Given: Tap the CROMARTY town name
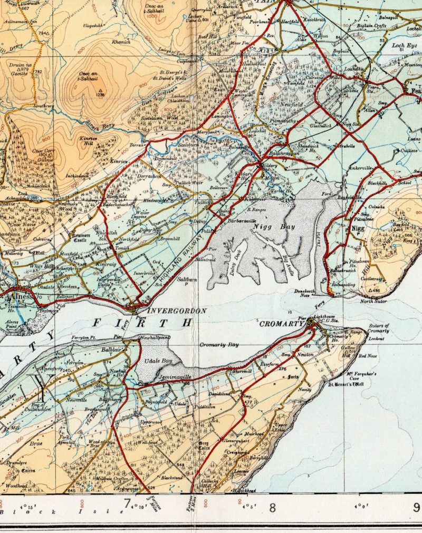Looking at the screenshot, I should (x=280, y=323).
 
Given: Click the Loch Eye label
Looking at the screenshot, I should (x=405, y=46).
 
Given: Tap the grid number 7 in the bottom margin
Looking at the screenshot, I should (x=127, y=507).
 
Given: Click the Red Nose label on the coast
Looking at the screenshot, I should (x=367, y=356).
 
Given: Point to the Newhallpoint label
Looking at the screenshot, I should (x=155, y=337).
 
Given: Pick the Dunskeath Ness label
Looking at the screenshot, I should (x=305, y=294).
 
